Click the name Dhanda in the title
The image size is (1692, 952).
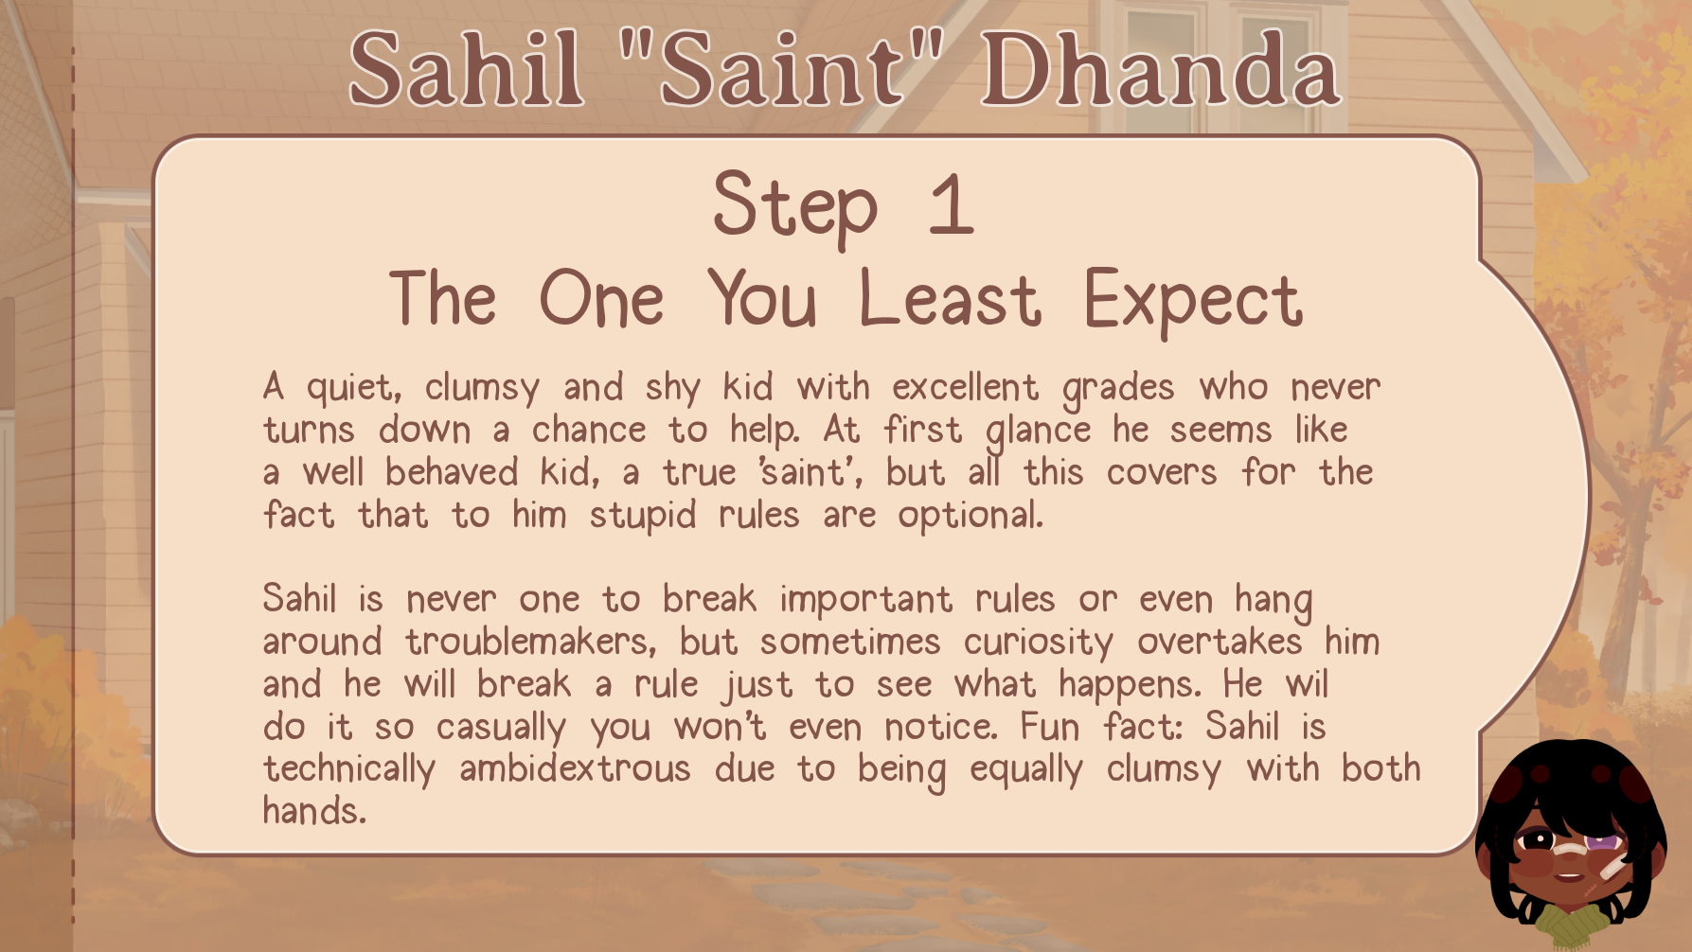[x=1161, y=69]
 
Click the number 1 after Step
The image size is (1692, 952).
[x=952, y=203]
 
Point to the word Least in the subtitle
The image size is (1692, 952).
[x=950, y=300]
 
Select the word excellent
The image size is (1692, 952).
[x=965, y=387]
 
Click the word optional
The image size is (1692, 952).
[x=971, y=517]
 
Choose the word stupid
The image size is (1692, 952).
[x=643, y=517]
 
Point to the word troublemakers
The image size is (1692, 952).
[x=531, y=643]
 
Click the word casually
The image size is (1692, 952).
[x=501, y=729]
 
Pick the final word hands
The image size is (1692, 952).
[x=314, y=811]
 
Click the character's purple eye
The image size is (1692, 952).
[x=1602, y=841]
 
